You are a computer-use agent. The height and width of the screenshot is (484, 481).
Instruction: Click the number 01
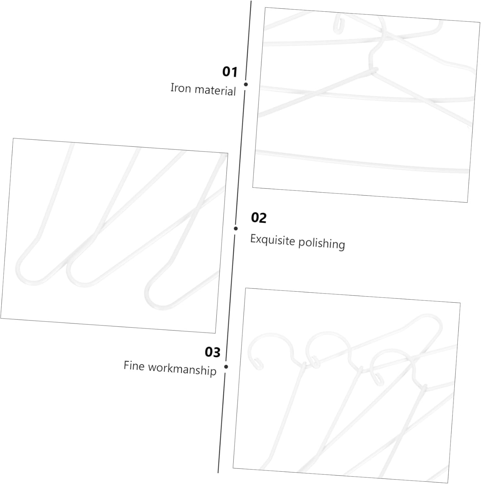click(230, 72)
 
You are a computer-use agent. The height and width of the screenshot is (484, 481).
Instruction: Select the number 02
click(259, 218)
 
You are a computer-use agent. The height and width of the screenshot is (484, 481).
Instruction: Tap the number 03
click(212, 352)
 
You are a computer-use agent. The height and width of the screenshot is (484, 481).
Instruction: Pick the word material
click(215, 90)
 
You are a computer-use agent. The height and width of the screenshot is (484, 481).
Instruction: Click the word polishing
click(322, 243)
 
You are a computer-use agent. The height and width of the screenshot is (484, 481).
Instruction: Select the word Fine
click(134, 366)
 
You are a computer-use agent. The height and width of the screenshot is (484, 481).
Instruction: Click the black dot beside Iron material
click(246, 84)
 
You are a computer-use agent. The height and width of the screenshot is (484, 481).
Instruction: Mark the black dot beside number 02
click(236, 228)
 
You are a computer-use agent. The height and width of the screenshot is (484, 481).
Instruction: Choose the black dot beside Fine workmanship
click(226, 367)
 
